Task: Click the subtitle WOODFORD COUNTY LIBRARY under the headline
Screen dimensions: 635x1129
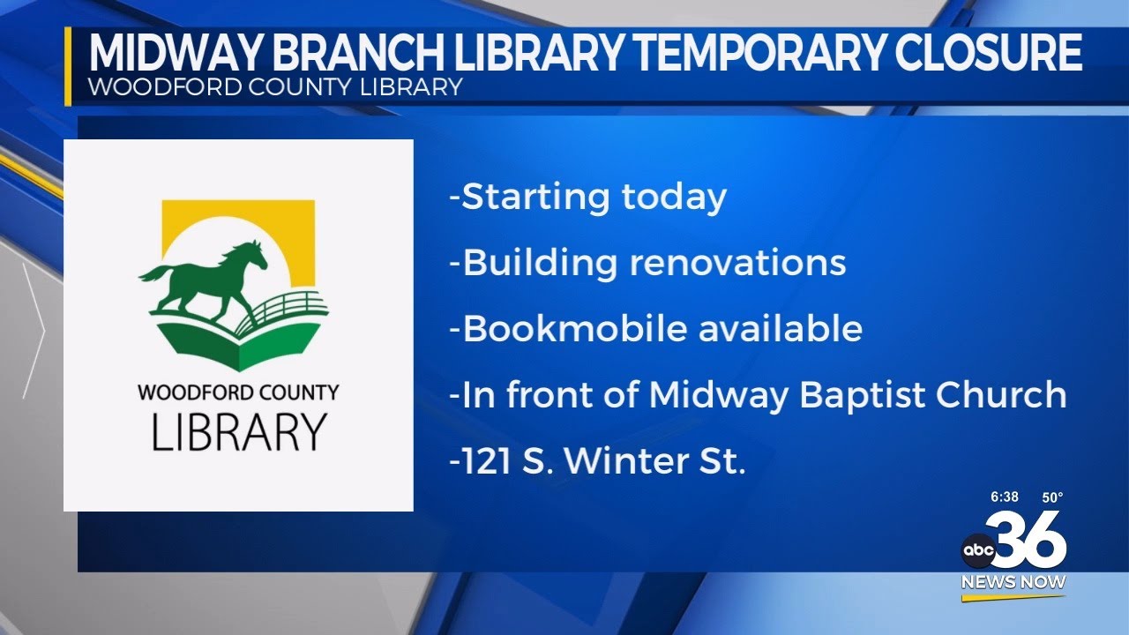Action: click(x=275, y=87)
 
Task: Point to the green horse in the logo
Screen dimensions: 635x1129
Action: click(x=206, y=277)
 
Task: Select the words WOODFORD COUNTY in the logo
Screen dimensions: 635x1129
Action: click(x=238, y=392)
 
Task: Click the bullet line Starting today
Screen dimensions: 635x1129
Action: click(x=587, y=197)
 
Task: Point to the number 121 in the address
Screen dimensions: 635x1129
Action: click(x=488, y=461)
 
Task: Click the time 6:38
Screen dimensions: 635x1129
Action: click(x=1004, y=497)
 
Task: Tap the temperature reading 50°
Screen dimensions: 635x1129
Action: click(x=1052, y=497)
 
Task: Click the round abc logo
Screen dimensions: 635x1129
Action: click(x=977, y=551)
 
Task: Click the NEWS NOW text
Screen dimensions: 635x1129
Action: click(x=1013, y=582)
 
